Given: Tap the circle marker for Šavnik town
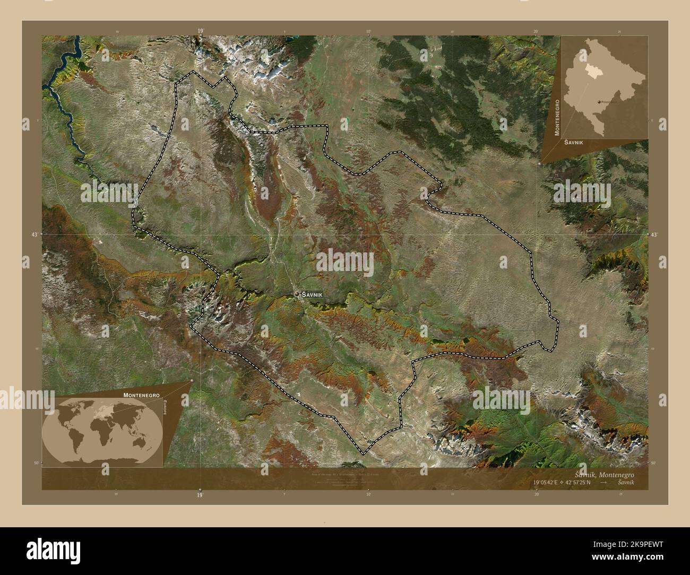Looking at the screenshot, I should pyautogui.click(x=297, y=294).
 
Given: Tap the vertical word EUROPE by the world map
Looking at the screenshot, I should pyautogui.click(x=166, y=410).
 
